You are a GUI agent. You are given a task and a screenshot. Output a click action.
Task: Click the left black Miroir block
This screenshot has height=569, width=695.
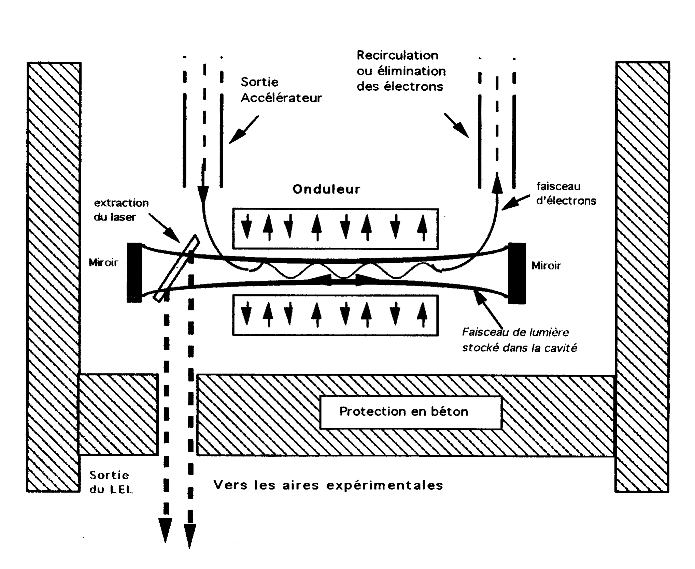[134, 273]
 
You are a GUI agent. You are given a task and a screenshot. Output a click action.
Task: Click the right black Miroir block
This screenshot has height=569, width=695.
[517, 273]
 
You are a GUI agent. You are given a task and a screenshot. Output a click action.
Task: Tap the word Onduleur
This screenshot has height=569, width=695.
[326, 189]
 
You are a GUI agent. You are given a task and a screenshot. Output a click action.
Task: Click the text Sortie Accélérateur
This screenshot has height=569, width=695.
[281, 90]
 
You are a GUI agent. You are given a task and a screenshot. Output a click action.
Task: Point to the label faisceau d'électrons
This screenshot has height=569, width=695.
[566, 194]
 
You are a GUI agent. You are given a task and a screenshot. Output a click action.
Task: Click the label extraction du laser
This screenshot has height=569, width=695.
[121, 210]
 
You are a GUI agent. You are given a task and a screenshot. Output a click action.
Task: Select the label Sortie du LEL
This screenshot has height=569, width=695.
[111, 482]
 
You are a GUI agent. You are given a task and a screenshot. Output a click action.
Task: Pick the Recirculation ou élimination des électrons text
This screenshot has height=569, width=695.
[401, 71]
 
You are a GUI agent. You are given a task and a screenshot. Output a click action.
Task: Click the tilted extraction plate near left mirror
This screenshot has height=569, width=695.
[176, 268]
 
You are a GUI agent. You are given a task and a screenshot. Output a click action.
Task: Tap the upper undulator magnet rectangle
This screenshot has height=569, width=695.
[335, 228]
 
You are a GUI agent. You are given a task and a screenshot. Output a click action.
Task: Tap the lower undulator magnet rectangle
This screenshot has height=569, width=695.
[335, 315]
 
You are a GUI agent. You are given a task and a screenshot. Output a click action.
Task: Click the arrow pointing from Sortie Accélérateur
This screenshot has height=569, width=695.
[243, 130]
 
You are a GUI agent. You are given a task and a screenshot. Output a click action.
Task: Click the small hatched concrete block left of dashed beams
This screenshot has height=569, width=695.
[118, 414]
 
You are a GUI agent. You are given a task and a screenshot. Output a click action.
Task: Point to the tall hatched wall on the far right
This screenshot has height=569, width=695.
[642, 276]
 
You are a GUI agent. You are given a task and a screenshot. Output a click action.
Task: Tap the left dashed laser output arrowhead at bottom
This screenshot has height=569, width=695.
[166, 529]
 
